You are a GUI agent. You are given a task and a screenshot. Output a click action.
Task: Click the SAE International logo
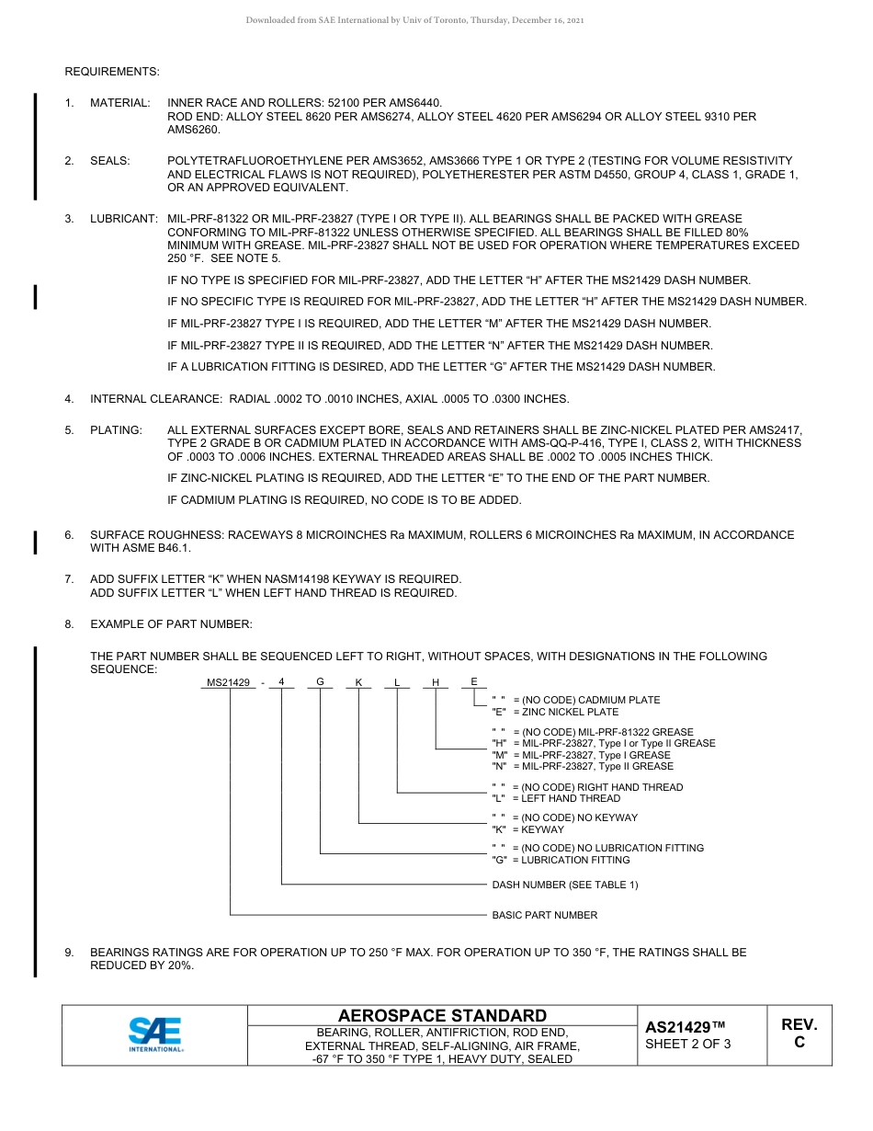(154, 1034)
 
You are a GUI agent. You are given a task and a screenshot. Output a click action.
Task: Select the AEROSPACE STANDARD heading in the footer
(442, 1015)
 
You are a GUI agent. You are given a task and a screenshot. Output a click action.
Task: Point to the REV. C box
(799, 1034)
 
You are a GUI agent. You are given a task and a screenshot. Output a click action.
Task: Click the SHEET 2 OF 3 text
(687, 1044)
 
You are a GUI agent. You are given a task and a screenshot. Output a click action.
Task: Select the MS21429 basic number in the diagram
(229, 682)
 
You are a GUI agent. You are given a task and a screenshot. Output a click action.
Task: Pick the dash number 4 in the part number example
(281, 682)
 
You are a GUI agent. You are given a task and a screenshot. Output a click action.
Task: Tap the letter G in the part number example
(320, 682)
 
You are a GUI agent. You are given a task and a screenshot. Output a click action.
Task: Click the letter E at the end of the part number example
(474, 681)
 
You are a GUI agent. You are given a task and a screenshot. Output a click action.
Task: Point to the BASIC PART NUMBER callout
(544, 915)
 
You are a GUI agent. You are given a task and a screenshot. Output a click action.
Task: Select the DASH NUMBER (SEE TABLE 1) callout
(564, 885)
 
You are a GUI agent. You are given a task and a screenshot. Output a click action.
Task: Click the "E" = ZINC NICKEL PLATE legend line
(555, 712)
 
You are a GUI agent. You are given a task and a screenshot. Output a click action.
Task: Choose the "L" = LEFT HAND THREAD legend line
(556, 798)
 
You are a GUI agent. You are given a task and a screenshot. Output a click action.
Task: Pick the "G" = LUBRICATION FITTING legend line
(561, 860)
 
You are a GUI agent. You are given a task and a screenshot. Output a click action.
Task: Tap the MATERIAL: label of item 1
(119, 102)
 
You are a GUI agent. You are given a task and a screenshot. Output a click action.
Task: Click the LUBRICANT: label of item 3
(123, 219)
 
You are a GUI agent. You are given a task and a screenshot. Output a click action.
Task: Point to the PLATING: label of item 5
(116, 429)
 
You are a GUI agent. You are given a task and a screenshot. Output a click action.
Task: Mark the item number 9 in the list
(69, 953)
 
